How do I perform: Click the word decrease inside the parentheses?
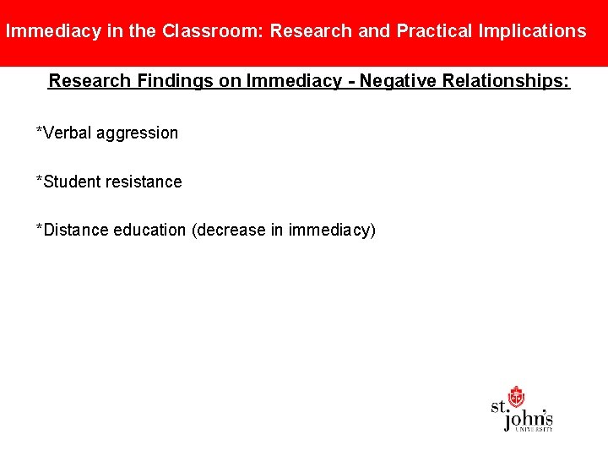[231, 230]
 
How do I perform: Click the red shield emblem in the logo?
[516, 396]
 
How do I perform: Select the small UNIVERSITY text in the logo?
[535, 429]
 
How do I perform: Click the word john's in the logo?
[529, 416]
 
